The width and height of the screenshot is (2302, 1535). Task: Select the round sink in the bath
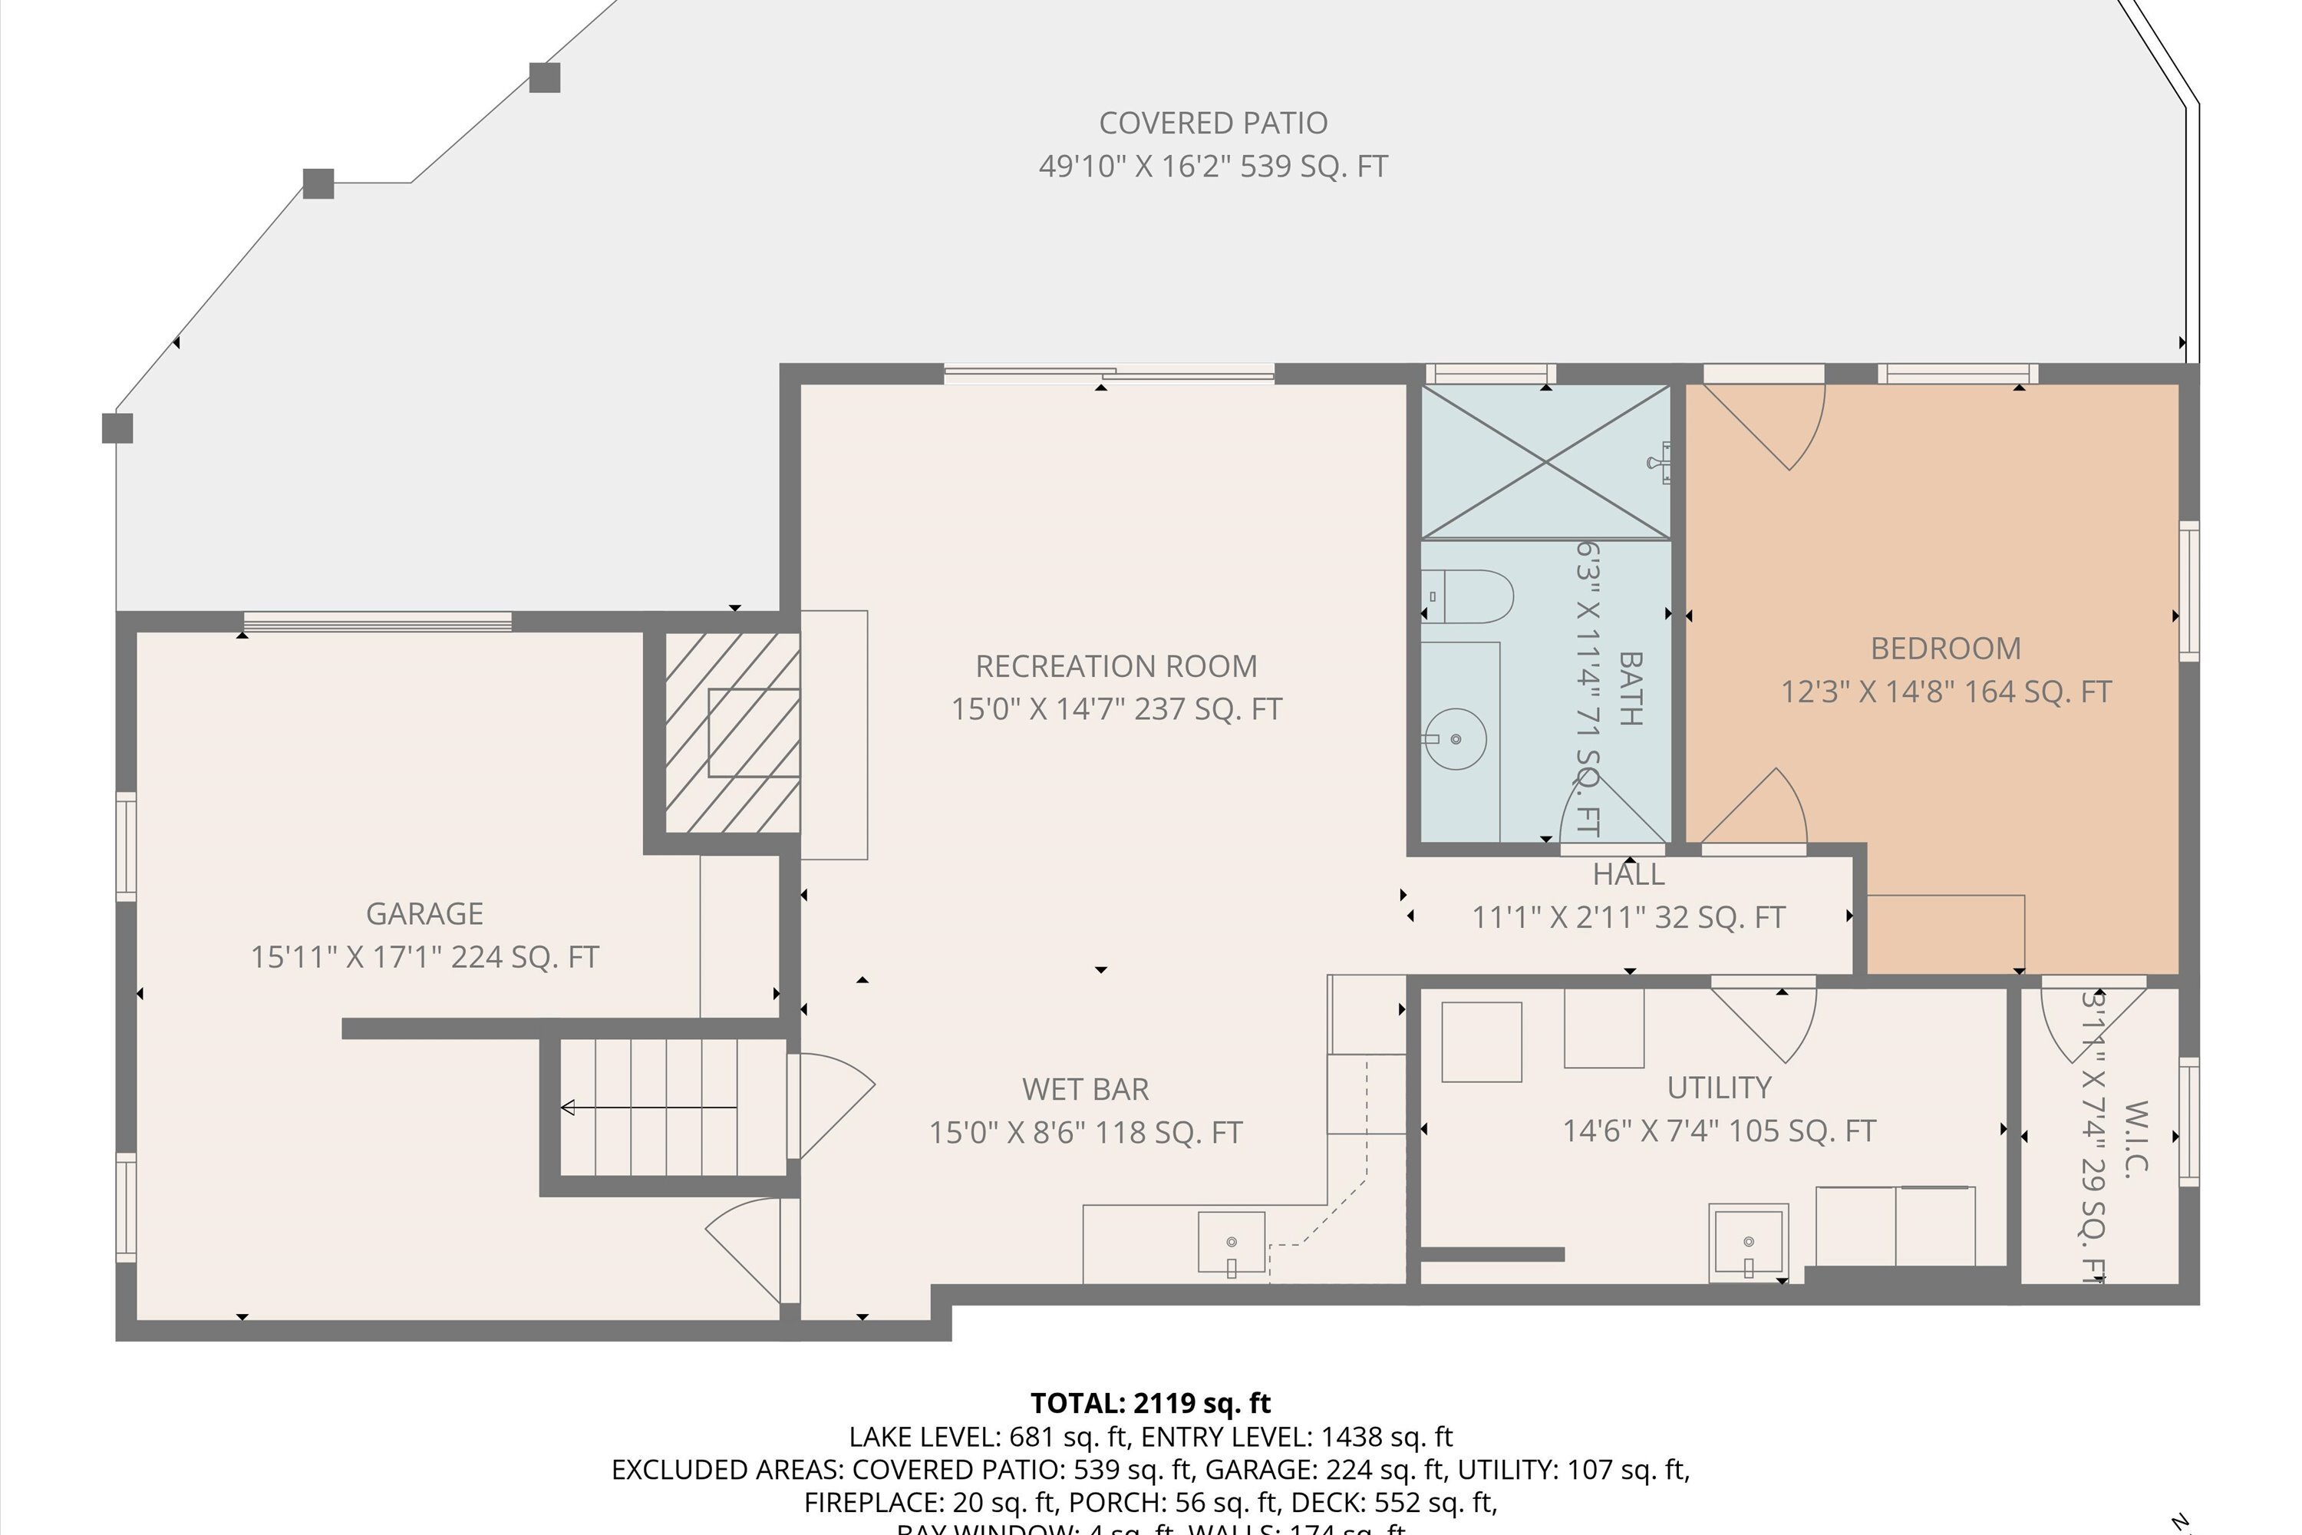point(1456,739)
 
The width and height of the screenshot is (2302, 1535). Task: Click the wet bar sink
point(1232,1244)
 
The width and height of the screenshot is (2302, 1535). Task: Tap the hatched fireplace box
point(732,732)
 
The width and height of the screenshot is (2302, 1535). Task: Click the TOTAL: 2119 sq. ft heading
point(1150,1404)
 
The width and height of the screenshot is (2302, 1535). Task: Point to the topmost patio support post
point(544,78)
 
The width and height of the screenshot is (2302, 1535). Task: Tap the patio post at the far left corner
point(117,427)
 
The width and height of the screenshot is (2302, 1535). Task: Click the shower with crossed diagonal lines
point(1545,461)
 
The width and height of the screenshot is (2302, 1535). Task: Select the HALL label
point(1628,874)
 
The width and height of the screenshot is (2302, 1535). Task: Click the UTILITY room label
point(1719,1088)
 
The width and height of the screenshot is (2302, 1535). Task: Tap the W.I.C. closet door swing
point(2085,1023)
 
